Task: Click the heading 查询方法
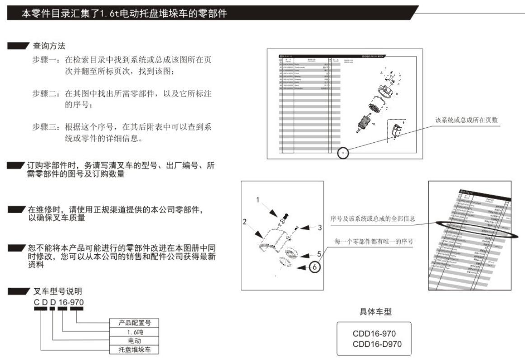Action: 49,46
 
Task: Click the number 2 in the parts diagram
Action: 244,222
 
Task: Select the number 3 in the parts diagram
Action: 319,228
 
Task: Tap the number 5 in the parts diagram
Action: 319,254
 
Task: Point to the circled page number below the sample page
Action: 343,153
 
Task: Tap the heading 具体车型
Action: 374,312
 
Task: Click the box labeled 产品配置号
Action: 134,323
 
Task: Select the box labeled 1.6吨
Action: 134,332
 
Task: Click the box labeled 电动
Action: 134,341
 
